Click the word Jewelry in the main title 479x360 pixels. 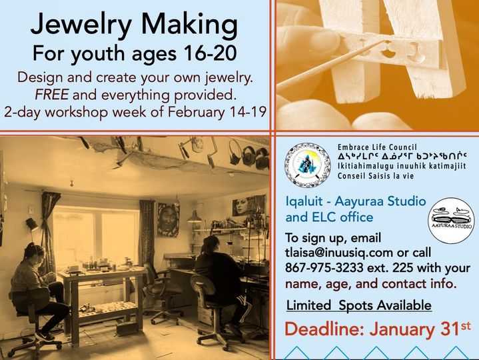click(81, 26)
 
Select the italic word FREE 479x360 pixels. click(51, 95)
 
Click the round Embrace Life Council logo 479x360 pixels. click(307, 165)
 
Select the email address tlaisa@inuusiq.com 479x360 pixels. click(339, 253)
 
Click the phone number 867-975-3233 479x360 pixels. click(324, 268)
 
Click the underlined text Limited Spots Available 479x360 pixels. click(359, 305)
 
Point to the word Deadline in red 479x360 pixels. click(324, 329)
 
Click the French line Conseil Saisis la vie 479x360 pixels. click(376, 176)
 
